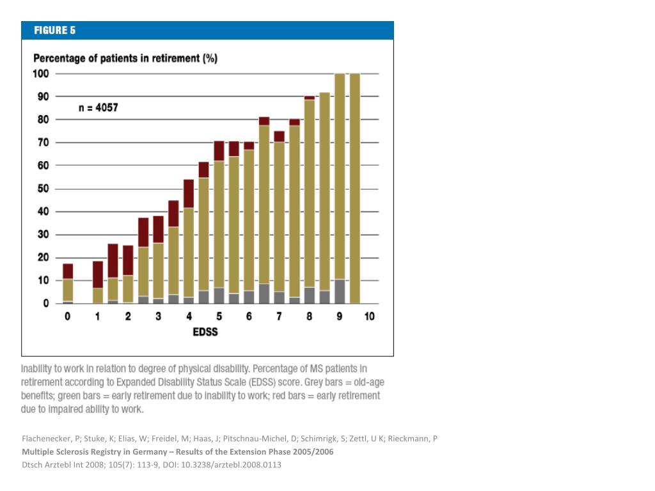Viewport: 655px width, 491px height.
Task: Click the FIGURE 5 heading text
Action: tap(55, 31)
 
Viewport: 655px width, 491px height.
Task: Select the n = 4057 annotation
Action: tap(98, 107)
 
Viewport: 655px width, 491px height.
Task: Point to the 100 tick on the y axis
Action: tap(41, 74)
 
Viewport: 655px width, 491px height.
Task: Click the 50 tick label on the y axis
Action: tap(43, 189)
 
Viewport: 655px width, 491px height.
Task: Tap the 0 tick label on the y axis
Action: tap(46, 304)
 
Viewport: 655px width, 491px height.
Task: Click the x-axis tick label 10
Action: tap(369, 316)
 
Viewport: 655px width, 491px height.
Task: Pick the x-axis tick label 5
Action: tap(219, 316)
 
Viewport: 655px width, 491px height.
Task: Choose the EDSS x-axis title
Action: tap(205, 332)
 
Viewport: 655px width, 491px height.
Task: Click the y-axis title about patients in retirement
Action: tap(125, 58)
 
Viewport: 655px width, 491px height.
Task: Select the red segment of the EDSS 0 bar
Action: tap(68, 271)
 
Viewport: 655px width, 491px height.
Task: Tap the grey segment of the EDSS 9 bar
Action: tap(340, 292)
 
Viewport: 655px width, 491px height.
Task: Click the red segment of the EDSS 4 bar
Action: tap(189, 194)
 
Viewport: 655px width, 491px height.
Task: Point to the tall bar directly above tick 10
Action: tap(354, 189)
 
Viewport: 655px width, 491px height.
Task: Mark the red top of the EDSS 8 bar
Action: tap(310, 98)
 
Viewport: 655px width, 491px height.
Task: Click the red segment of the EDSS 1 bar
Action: tap(98, 275)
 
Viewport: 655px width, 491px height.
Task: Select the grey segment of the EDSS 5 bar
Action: tap(219, 295)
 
